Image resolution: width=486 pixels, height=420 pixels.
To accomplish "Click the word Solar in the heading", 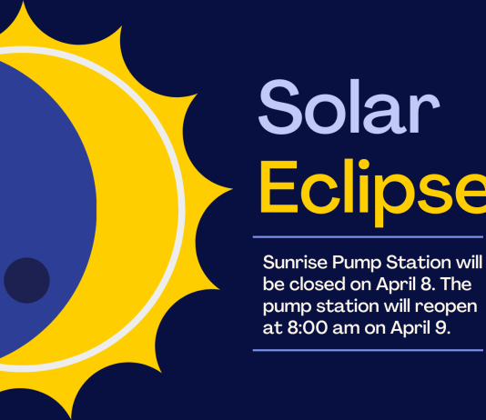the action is click(x=349, y=106).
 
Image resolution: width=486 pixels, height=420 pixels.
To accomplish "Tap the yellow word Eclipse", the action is click(x=373, y=193).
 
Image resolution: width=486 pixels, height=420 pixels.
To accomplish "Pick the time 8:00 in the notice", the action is click(x=307, y=327).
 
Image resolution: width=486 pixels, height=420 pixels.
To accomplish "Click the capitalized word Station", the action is click(x=419, y=263).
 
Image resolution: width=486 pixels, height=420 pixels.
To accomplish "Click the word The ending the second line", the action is click(x=456, y=285).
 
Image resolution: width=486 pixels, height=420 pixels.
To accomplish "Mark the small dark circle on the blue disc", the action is click(x=26, y=280).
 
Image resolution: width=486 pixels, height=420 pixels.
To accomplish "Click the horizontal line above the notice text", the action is click(x=368, y=237).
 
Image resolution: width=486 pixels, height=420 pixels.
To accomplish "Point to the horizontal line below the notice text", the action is click(x=368, y=350).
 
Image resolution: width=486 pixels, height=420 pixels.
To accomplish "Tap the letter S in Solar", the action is click(x=280, y=106).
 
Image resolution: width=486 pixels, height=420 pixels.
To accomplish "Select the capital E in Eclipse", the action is click(x=279, y=187).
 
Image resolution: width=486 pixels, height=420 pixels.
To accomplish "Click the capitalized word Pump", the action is click(x=357, y=264).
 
